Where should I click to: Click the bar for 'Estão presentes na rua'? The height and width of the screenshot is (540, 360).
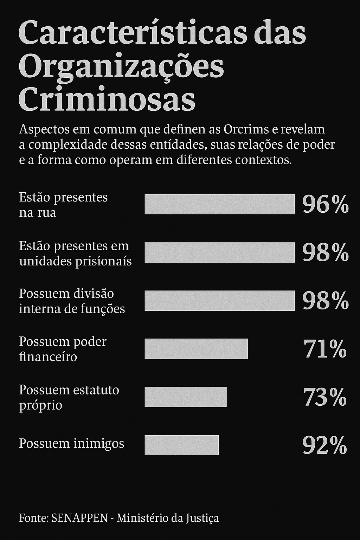(x=220, y=204)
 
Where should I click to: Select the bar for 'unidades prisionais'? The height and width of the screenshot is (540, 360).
(x=220, y=252)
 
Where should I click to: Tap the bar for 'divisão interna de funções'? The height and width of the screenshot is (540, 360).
(x=220, y=301)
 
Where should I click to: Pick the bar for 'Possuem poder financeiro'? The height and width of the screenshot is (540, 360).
(x=196, y=349)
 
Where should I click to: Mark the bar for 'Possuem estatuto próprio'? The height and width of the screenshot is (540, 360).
(x=186, y=397)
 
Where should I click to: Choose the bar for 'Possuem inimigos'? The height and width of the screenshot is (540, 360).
(x=182, y=445)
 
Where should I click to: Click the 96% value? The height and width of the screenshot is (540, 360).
(x=325, y=204)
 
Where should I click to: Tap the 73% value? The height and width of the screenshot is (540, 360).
(x=325, y=397)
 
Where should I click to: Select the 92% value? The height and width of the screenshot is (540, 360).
(x=324, y=445)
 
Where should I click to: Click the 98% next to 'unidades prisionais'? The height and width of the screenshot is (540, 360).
(x=325, y=252)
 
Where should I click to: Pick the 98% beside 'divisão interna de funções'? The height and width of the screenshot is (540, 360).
(x=325, y=301)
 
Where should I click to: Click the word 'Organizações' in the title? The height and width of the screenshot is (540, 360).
(x=121, y=67)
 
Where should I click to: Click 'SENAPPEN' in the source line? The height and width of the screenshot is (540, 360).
(x=79, y=518)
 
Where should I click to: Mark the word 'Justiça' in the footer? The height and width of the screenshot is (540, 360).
(x=203, y=518)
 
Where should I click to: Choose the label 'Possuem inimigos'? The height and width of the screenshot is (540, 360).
(x=71, y=443)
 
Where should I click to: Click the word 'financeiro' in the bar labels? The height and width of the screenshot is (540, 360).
(x=48, y=357)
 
